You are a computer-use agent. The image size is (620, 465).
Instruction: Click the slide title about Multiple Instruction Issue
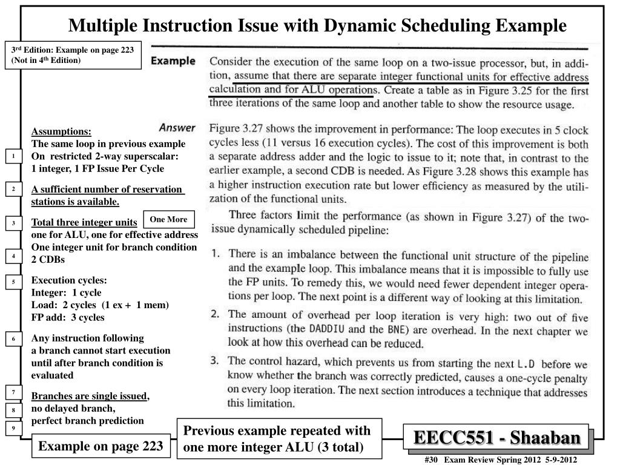tap(317, 25)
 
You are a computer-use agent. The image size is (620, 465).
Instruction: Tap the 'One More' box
tap(169, 219)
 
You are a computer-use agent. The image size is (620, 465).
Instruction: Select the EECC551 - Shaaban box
tap(497, 438)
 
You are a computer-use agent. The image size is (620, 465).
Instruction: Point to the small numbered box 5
tap(13, 282)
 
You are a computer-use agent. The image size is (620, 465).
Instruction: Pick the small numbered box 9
tap(13, 428)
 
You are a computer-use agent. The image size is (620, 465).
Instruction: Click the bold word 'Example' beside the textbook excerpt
tap(173, 61)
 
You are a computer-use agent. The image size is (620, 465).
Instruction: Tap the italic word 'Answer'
tap(177, 128)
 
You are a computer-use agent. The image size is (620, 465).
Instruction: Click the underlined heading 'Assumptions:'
tap(62, 132)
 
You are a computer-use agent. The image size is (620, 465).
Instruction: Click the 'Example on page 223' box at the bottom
tap(101, 447)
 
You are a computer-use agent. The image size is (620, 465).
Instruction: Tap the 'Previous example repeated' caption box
tap(279, 439)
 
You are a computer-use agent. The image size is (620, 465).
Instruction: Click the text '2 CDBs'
tap(48, 260)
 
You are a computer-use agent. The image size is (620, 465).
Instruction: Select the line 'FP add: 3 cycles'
tap(68, 317)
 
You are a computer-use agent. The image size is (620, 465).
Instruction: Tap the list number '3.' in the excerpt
tap(214, 360)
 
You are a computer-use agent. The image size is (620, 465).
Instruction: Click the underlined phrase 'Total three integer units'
tap(84, 223)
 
